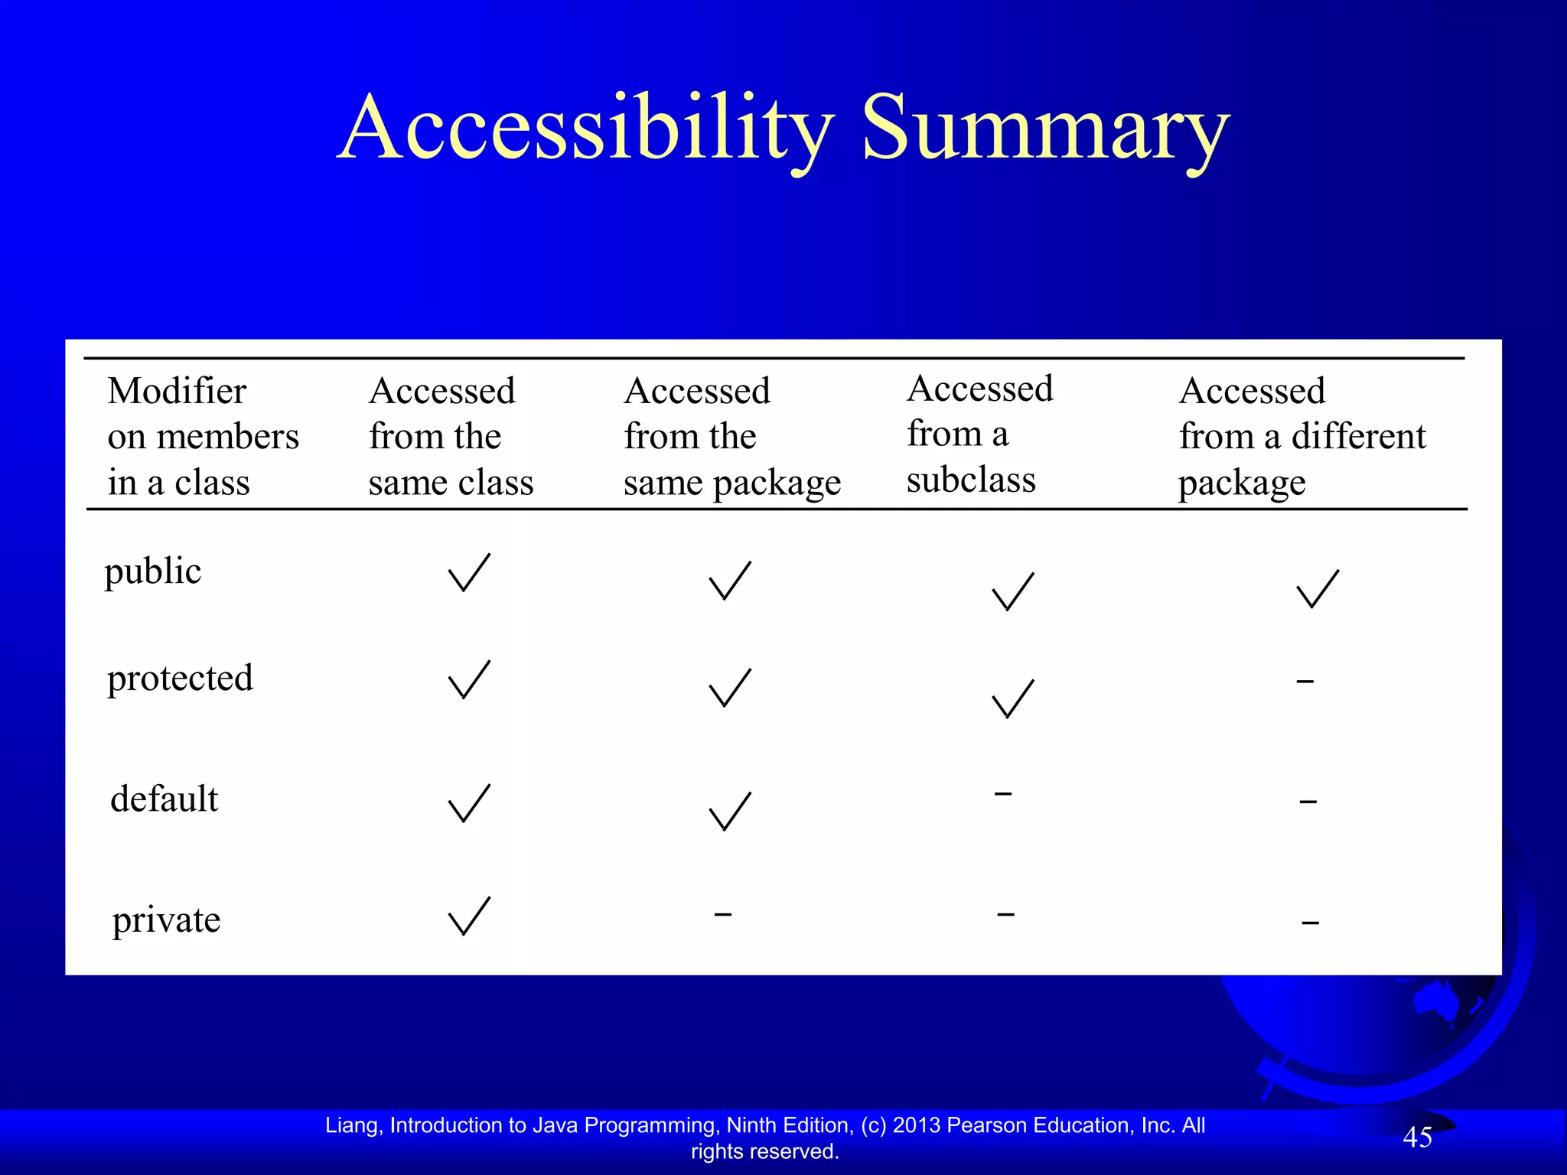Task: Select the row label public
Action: point(153,571)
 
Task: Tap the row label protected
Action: point(180,679)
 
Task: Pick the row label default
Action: point(164,799)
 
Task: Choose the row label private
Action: point(166,919)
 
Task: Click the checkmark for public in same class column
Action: point(468,573)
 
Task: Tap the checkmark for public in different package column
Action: point(1318,588)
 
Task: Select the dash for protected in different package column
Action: point(1305,681)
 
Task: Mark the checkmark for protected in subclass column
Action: point(1012,698)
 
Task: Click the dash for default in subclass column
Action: point(1003,794)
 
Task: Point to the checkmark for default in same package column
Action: point(730,811)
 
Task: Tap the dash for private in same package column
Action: point(723,913)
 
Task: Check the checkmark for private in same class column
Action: point(468,916)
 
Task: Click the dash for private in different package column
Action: point(1311,923)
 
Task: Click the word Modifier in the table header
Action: point(177,391)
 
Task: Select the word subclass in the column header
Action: point(971,480)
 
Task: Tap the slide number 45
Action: point(1417,1138)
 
